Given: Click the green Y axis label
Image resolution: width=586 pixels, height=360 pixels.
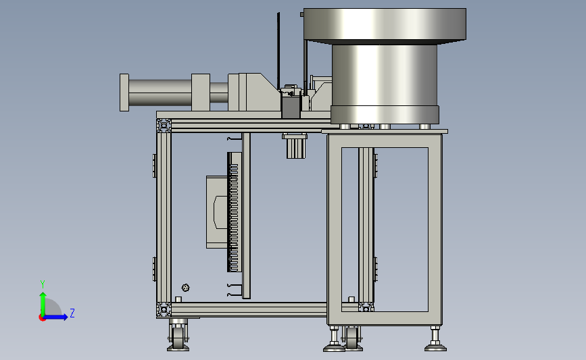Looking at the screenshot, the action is (x=43, y=284).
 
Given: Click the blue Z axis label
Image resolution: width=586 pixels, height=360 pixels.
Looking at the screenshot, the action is (x=72, y=313).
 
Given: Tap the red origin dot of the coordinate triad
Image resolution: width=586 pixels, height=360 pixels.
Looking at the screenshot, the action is (x=42, y=317).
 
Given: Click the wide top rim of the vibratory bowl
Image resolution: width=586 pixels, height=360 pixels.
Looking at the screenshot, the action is (x=385, y=24).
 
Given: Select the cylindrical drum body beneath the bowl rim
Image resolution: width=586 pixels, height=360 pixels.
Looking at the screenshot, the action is (x=385, y=75).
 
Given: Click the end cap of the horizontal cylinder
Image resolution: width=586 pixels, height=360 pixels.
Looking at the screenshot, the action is (x=124, y=93).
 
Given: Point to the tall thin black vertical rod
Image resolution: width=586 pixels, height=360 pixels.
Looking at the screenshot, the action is (x=278, y=51).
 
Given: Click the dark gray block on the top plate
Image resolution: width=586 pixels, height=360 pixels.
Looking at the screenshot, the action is (x=291, y=107).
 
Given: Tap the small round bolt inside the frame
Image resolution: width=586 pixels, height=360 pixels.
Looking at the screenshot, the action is (x=185, y=288).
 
